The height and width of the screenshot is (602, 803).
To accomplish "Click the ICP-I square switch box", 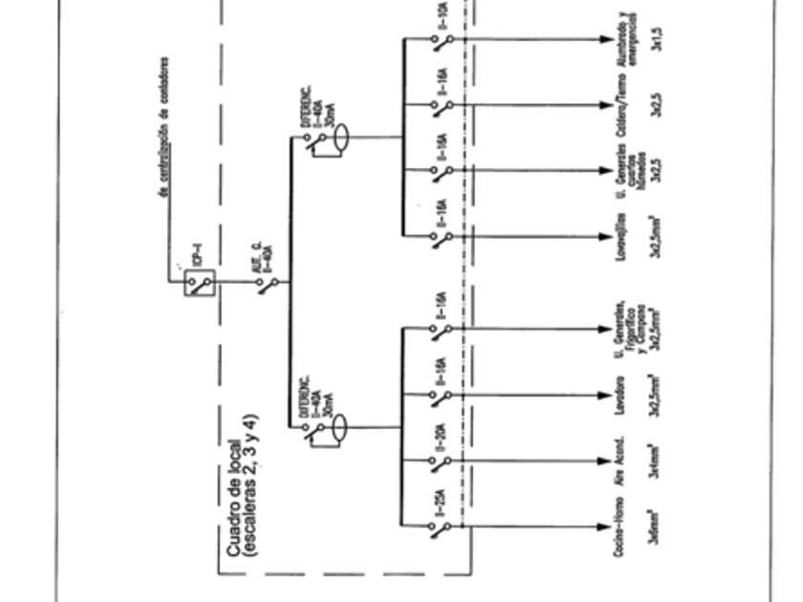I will pos(199,283).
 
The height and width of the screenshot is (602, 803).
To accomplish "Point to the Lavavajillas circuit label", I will pos(624,235).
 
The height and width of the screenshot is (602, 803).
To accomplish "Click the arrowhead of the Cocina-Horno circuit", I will pos(605,525).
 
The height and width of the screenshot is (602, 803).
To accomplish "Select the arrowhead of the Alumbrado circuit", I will pos(605,39).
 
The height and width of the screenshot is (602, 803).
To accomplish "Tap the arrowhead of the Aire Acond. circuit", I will pos(605,460).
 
